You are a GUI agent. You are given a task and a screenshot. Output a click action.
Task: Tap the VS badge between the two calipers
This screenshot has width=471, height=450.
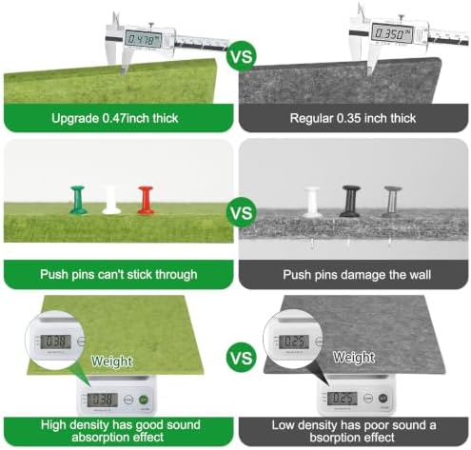242,56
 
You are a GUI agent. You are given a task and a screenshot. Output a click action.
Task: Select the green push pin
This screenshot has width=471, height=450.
78,200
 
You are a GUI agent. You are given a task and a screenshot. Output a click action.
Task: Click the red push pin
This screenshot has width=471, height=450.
146,200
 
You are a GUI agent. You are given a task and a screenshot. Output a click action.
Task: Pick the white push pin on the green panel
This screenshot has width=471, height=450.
111,200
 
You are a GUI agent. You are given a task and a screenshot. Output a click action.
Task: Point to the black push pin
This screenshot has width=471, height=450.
350,202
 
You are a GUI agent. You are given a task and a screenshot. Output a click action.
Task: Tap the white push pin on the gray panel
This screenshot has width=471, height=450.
312,202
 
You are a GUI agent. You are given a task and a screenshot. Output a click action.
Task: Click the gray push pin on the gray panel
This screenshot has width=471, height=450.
392,202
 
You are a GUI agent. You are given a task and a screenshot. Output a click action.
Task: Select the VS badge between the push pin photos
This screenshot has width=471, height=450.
242,212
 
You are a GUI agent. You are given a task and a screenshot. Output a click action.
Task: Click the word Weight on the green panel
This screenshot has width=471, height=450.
111,362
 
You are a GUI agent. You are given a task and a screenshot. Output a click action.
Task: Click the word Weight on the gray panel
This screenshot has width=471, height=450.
354,357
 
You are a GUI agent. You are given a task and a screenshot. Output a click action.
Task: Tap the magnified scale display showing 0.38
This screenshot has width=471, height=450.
57,342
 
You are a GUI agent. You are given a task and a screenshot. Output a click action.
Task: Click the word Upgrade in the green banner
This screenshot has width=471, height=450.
75,119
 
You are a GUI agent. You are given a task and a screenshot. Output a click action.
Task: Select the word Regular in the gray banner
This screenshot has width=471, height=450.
311,119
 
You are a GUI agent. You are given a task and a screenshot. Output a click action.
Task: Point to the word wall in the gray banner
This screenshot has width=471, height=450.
420,275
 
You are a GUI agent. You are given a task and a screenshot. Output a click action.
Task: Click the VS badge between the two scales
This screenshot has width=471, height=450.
242,358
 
